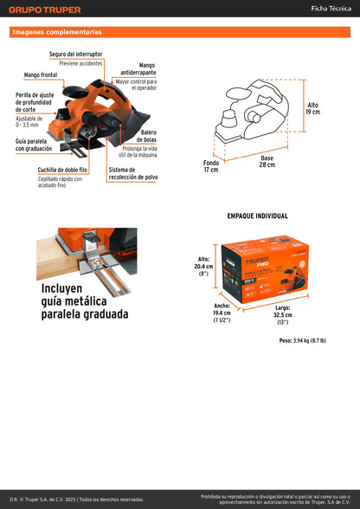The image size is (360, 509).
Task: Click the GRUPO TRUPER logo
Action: click(x=45, y=10)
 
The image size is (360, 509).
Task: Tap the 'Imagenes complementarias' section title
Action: click(x=57, y=32)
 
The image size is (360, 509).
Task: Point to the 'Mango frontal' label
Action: click(x=42, y=75)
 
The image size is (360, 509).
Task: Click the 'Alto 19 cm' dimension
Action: click(x=312, y=108)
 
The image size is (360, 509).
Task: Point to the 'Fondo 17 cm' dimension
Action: click(x=211, y=166)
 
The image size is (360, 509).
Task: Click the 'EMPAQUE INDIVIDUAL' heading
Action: click(x=257, y=216)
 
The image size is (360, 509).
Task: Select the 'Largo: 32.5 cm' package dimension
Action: click(x=282, y=314)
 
